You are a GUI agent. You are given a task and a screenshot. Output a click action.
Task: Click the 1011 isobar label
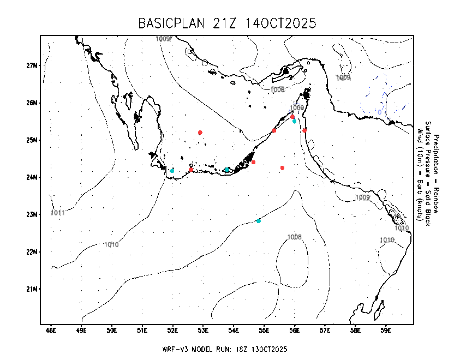58,213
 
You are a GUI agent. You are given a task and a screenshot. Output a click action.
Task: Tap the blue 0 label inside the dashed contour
380,112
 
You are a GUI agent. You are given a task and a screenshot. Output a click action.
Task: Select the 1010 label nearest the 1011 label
111,245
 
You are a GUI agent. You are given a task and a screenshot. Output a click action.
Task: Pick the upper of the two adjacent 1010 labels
402,228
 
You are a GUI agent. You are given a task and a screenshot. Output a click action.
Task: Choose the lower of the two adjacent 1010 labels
387,240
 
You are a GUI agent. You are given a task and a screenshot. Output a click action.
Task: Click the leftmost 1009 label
163,39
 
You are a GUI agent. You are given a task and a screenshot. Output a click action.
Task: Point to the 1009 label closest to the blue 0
343,77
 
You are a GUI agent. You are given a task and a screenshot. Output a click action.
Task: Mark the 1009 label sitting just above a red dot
297,108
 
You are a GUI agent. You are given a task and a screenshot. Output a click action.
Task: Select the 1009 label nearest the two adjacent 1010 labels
363,197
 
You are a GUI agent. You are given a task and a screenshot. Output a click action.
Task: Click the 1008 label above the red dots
277,89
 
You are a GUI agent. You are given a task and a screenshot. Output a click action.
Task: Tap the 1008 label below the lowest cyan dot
294,237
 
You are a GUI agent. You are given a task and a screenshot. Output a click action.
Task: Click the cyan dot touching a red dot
294,121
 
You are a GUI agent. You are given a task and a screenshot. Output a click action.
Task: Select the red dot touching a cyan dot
292,117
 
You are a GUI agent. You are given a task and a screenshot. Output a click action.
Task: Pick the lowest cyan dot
259,221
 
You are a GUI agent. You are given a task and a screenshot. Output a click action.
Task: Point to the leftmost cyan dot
172,171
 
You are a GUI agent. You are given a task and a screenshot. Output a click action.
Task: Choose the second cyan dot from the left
227,170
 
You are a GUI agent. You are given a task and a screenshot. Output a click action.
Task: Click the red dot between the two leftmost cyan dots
191,170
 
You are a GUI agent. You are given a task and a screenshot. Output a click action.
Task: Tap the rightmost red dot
304,130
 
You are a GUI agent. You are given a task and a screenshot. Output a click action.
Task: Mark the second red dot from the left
200,133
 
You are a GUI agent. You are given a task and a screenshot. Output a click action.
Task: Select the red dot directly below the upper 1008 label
274,130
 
